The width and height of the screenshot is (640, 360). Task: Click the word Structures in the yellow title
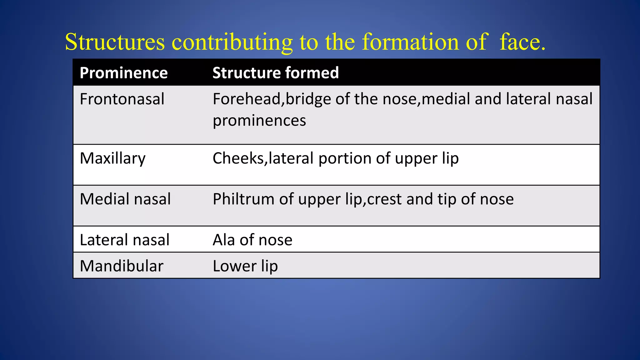coord(115,42)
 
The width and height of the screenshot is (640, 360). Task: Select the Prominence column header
coord(124,73)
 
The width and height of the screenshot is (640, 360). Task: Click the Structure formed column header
coord(276,73)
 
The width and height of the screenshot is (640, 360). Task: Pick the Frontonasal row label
coord(122,99)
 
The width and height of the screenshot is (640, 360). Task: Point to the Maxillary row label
coord(112,158)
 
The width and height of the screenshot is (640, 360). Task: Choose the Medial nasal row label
coord(125,199)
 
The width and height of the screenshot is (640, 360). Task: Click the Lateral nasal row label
coord(124,240)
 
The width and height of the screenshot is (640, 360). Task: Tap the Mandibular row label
coord(122,266)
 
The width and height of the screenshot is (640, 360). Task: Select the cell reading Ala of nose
coord(252,240)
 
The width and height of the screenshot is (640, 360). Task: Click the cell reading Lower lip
coord(245,266)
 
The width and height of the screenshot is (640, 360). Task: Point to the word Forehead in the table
coord(247,99)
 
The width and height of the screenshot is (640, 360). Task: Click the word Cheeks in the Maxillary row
coord(238,158)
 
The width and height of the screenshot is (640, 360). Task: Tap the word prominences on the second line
coord(259,121)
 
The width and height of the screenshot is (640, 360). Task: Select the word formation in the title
coord(410,42)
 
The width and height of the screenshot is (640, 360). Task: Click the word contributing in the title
coord(232,42)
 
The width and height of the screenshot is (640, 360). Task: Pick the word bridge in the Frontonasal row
coord(308,99)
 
